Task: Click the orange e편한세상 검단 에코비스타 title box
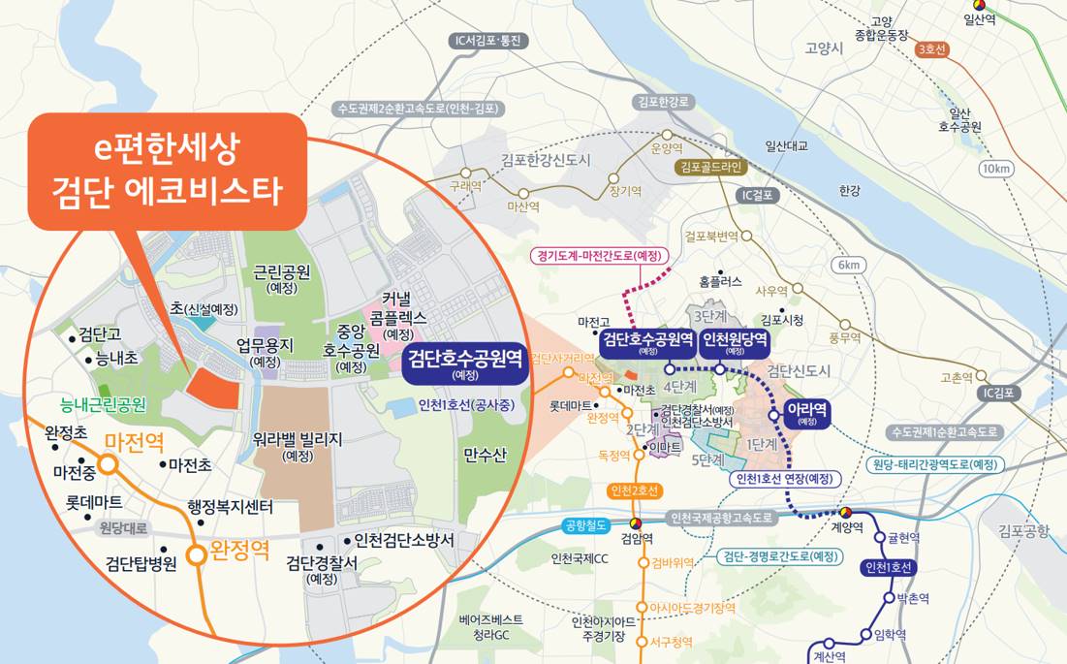click(166, 171)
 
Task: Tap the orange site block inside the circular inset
click(212, 388)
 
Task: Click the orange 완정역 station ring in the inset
click(197, 554)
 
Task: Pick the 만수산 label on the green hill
click(485, 456)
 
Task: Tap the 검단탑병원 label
click(141, 563)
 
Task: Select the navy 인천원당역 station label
click(735, 342)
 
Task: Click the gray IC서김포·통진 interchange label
click(489, 41)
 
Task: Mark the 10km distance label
click(995, 169)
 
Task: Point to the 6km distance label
click(849, 265)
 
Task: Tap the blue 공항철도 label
click(584, 525)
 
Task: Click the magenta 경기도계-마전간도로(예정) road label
click(599, 257)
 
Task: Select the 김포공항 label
click(1023, 529)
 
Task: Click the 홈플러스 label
click(720, 282)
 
